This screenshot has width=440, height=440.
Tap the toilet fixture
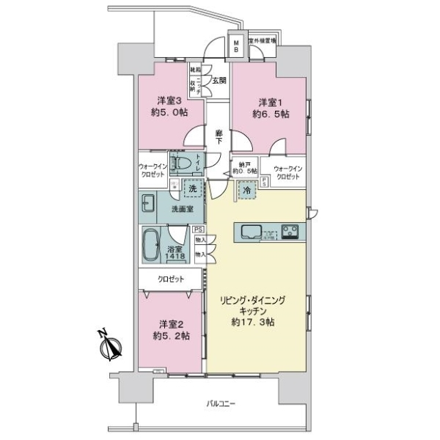180,162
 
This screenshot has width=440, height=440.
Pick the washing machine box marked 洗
193,189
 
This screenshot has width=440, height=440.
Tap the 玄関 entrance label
219,81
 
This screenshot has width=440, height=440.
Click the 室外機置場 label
262,41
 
